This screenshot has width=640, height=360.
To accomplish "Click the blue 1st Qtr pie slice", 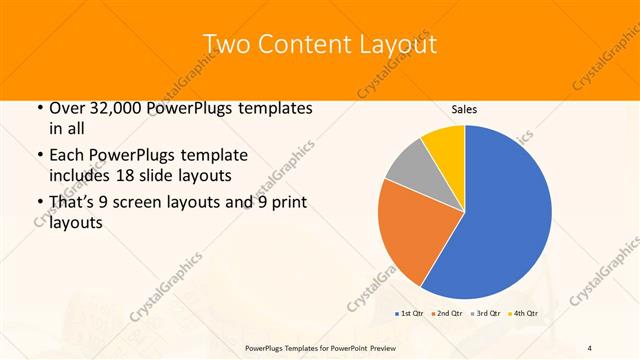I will [x=500, y=220].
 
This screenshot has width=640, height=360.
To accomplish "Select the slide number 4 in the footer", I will [x=589, y=346].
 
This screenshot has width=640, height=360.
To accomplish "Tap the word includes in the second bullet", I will [x=79, y=175].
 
